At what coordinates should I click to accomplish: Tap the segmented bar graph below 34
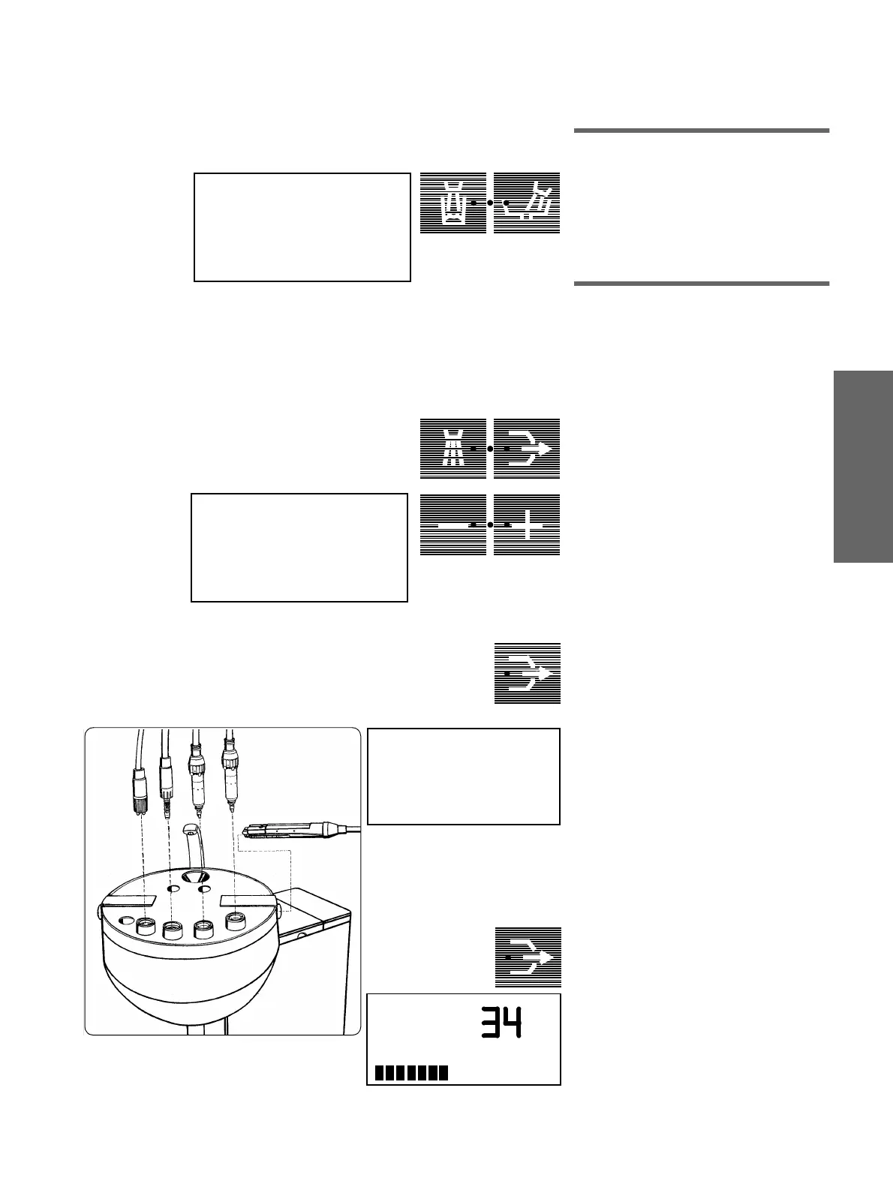tap(411, 1073)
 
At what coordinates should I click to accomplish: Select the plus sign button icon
tap(527, 525)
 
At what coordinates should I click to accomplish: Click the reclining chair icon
tap(527, 203)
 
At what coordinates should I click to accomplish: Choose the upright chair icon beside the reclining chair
tap(453, 203)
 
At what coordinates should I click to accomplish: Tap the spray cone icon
tap(453, 448)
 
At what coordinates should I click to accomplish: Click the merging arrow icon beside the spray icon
tap(527, 448)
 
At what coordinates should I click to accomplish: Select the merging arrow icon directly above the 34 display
tap(527, 957)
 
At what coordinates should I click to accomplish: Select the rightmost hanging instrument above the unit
tap(228, 780)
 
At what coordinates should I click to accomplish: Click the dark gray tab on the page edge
tap(862, 464)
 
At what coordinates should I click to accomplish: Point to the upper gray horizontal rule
tap(702, 131)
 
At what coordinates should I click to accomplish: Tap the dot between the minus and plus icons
tap(489, 525)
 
